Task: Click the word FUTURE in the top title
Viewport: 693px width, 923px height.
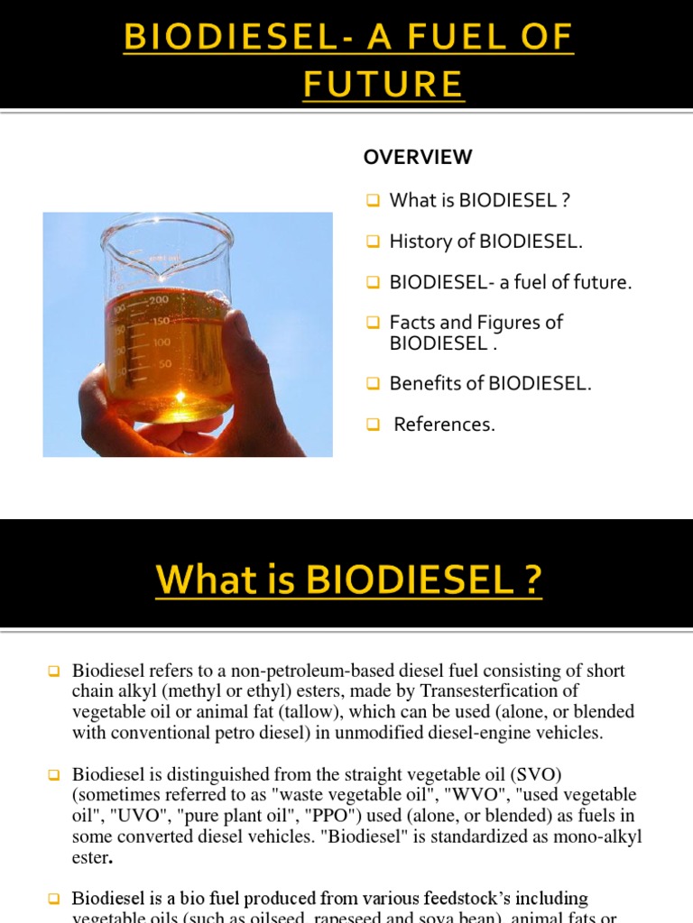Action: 383,84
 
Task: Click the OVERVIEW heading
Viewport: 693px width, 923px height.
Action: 417,157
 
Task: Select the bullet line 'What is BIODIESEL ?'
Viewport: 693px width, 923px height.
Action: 479,200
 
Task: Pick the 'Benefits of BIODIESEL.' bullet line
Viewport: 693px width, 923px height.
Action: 491,383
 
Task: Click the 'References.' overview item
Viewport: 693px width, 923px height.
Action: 445,425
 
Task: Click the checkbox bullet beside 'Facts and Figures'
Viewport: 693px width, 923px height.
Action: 373,323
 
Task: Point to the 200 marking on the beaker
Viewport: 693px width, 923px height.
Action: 159,299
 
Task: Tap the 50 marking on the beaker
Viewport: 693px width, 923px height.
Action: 165,364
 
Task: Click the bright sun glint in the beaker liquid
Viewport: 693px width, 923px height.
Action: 187,397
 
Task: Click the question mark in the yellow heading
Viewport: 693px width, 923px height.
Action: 532,580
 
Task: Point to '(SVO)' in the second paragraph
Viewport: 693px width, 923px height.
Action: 539,774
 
